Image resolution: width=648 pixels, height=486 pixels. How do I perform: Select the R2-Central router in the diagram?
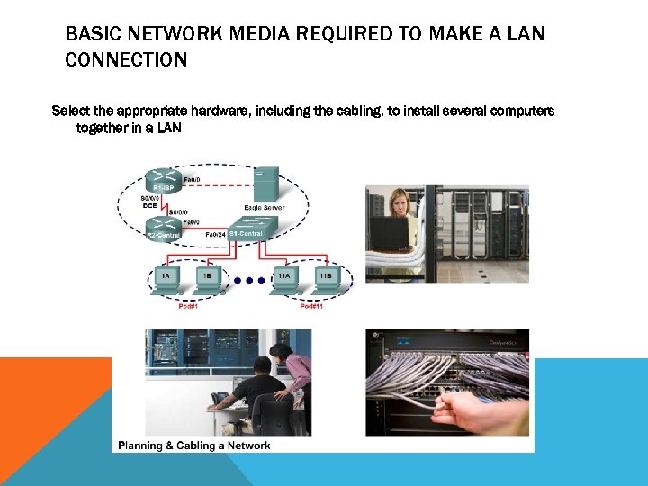163,230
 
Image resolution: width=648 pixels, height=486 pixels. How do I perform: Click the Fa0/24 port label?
215,235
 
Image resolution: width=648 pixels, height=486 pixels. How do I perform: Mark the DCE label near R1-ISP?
150,205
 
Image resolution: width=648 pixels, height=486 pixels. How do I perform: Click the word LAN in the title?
525,34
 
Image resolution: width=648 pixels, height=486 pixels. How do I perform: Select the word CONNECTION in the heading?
126,61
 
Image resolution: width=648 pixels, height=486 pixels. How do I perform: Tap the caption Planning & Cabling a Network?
194,445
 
